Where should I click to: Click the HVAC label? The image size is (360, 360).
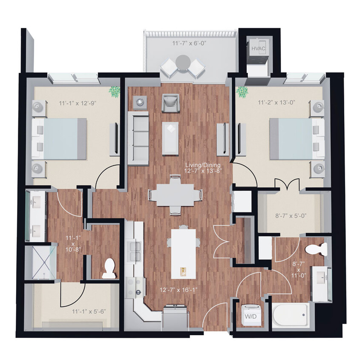[258, 49]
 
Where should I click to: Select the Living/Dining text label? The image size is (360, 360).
[202, 165]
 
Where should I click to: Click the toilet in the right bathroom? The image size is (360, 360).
[317, 249]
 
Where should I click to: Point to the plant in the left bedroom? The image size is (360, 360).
[114, 91]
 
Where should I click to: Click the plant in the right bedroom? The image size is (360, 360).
[243, 91]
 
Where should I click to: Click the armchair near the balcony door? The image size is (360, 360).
[171, 102]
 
